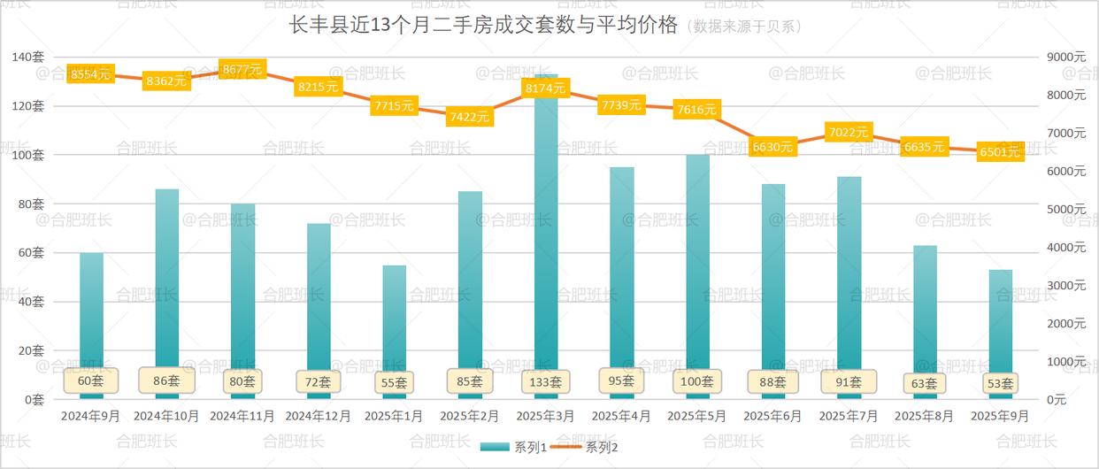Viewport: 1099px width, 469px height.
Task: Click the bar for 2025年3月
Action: point(546,239)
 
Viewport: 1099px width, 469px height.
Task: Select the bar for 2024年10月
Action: point(167,283)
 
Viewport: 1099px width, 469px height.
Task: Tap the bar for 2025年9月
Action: point(1000,327)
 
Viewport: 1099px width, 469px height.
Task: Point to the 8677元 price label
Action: point(242,69)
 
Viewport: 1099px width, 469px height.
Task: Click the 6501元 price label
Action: point(1000,152)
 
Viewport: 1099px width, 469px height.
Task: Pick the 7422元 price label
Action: point(470,116)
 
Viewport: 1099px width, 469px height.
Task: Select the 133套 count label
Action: point(546,382)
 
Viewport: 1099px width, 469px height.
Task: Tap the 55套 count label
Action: point(394,382)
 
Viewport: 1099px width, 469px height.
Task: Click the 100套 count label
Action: point(697,381)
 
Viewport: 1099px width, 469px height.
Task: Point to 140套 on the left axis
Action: point(28,57)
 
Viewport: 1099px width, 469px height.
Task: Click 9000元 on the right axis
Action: point(1066,57)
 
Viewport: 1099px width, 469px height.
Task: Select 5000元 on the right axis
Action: point(1066,210)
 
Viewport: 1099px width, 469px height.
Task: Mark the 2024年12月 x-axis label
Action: point(319,416)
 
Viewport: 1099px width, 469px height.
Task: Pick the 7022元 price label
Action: point(849,133)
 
